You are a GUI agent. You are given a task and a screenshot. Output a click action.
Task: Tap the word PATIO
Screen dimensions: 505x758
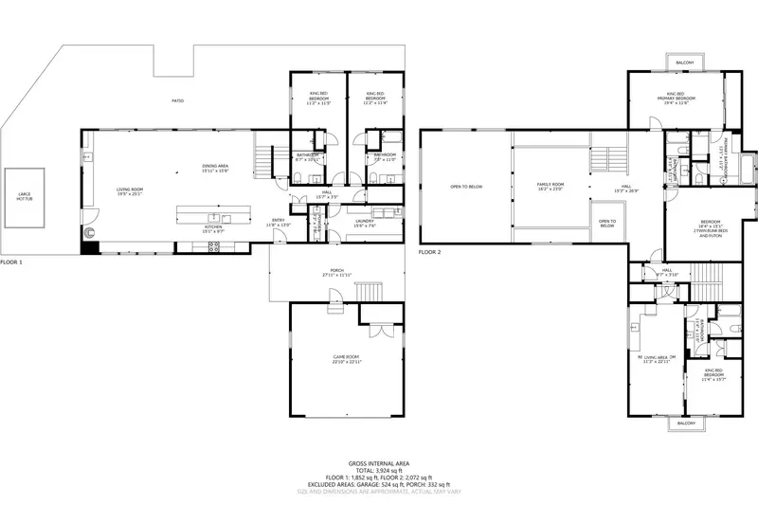point(177,100)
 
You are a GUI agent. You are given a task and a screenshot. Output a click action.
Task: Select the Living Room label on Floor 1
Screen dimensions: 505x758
point(130,190)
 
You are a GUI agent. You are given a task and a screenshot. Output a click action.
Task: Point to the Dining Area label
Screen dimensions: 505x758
point(216,168)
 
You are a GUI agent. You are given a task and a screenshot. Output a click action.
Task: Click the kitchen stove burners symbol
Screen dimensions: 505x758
point(214,246)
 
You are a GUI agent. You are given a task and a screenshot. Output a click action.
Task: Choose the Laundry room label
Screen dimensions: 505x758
point(366,223)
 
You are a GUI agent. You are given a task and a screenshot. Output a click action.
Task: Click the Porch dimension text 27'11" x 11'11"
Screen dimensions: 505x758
point(337,275)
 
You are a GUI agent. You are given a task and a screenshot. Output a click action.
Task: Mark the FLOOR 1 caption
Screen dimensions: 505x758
point(10,262)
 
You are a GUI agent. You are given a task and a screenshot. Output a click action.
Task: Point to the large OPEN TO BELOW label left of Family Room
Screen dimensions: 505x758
point(466,187)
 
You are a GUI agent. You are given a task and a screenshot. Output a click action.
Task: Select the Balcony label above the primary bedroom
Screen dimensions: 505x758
point(684,63)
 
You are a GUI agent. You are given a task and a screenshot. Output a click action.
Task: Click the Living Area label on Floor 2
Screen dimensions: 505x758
point(658,358)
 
